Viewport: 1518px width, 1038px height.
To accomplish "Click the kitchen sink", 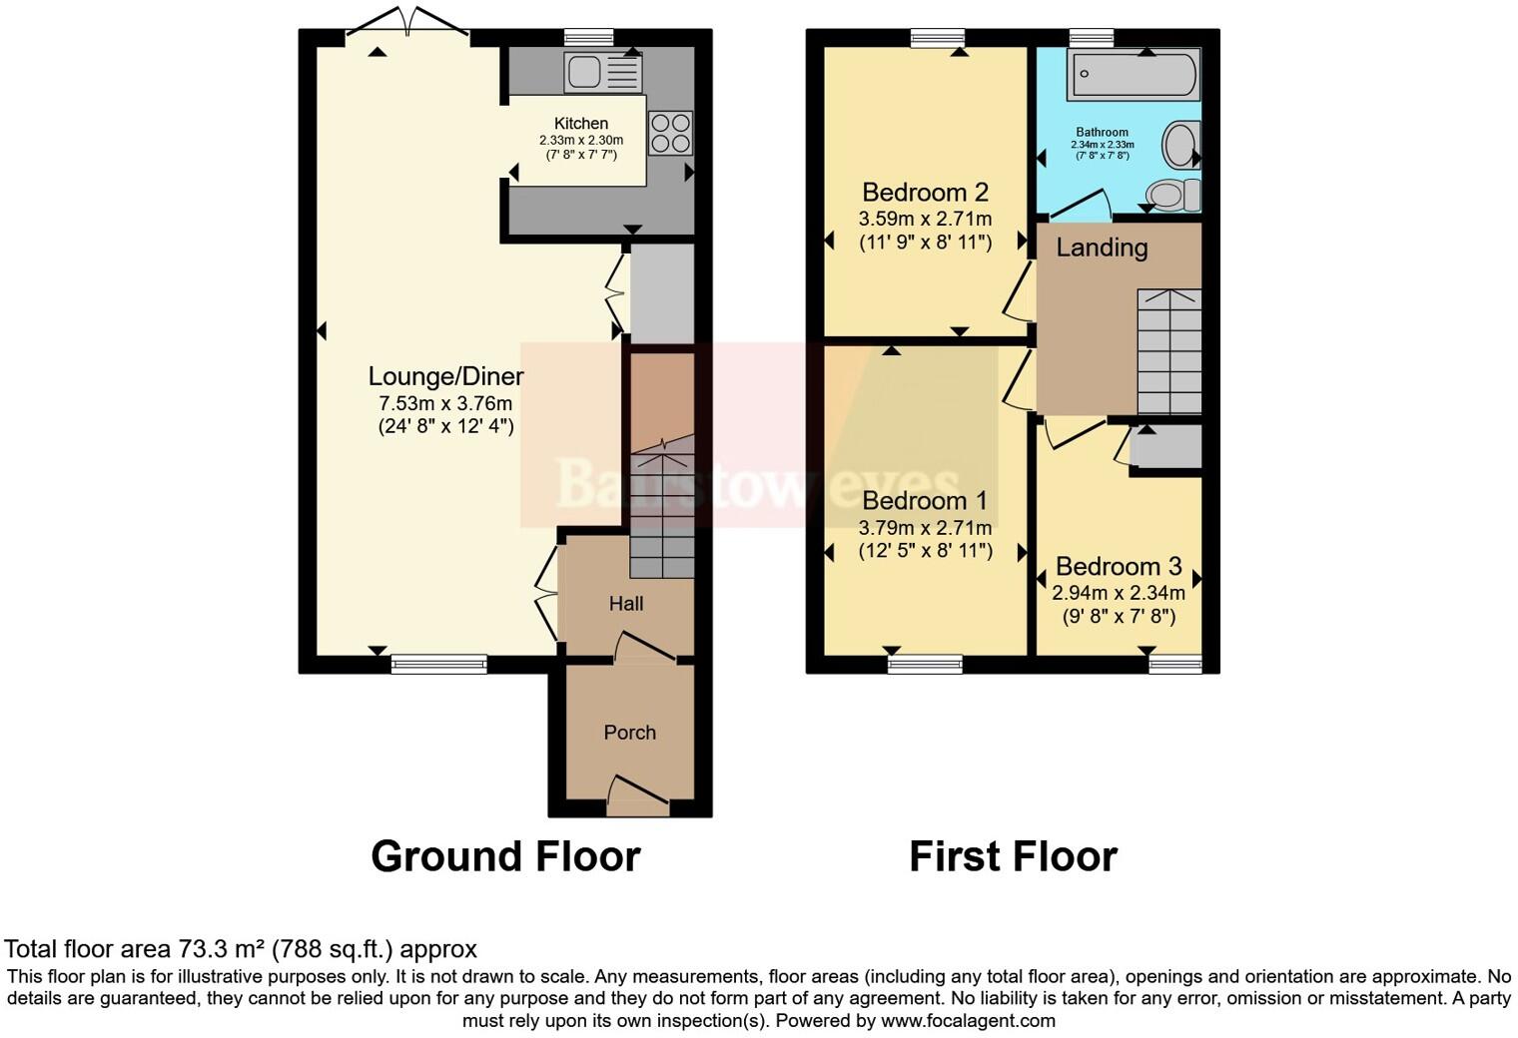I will (602, 72).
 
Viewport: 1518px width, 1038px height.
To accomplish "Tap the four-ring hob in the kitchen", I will (670, 133).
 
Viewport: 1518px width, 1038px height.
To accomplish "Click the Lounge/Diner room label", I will (445, 376).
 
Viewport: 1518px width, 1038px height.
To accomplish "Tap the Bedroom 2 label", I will (925, 192).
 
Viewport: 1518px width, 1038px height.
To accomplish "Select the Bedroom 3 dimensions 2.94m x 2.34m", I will (1119, 592).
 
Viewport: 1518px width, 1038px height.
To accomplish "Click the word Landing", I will (1102, 248).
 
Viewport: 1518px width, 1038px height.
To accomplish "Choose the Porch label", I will (629, 733).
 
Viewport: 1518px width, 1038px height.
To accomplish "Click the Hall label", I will (626, 604).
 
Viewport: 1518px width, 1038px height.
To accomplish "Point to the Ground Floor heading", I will (505, 856).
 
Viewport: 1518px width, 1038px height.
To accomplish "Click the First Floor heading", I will (1013, 856).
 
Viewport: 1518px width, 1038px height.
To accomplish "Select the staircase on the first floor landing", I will (1169, 351).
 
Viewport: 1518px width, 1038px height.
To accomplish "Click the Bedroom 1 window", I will (925, 664).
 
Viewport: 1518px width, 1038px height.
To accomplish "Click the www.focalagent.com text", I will (968, 1020).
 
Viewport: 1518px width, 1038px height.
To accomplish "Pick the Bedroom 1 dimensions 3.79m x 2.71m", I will (925, 527).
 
